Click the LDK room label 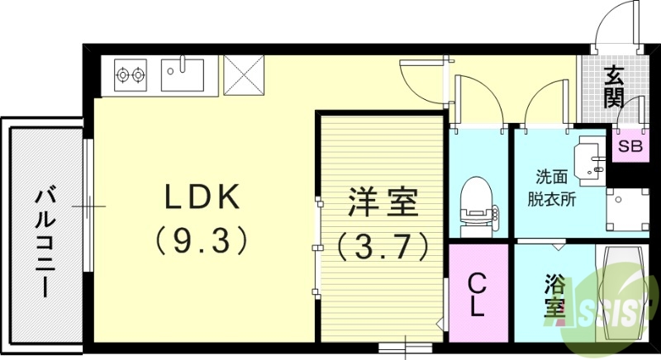click(x=202, y=197)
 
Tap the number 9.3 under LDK click(x=202, y=240)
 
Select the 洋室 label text click(x=382, y=202)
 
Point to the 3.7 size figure click(x=382, y=244)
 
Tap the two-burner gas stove click(x=129, y=75)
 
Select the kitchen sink click(x=183, y=74)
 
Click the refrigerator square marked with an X click(x=243, y=74)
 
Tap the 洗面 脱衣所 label click(x=552, y=187)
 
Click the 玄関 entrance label click(x=613, y=87)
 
